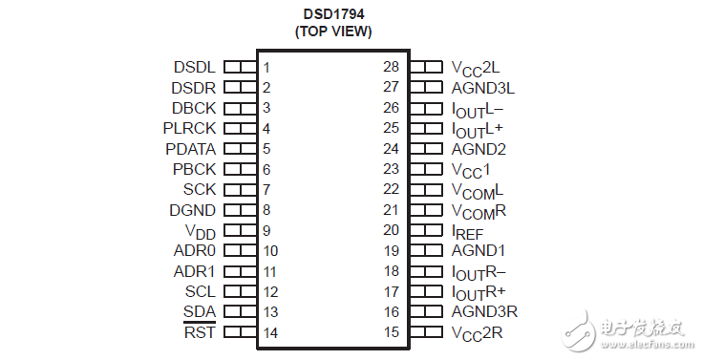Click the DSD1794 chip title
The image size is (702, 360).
332,14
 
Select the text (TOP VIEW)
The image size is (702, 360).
332,32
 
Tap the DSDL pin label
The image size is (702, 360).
195,68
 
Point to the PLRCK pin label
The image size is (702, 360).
190,128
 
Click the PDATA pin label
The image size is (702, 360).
190,149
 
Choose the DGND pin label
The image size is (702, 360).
193,210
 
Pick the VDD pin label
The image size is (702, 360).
201,231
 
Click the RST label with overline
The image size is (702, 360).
200,332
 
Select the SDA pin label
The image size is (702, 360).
200,312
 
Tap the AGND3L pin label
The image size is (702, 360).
483,88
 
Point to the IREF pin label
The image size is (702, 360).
469,231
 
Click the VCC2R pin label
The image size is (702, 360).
477,333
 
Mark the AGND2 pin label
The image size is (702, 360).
479,149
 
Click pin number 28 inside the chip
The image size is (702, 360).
391,68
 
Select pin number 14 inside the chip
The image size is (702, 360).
270,332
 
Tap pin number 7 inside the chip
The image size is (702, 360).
266,189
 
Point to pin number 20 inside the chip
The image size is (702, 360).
391,230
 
